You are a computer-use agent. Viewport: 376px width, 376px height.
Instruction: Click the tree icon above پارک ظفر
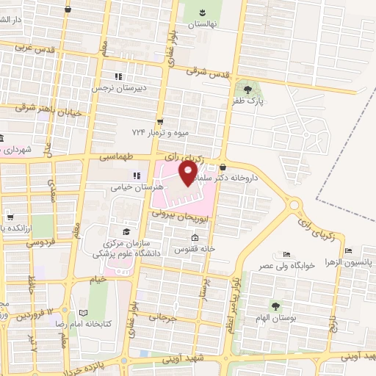(256, 90)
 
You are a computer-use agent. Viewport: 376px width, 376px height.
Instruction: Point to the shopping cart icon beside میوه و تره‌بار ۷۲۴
(159, 122)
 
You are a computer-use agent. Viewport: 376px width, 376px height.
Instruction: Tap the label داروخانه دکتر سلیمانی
(253, 177)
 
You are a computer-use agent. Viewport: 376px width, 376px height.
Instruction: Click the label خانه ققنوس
(194, 249)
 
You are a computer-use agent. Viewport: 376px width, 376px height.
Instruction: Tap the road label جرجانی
(163, 317)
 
